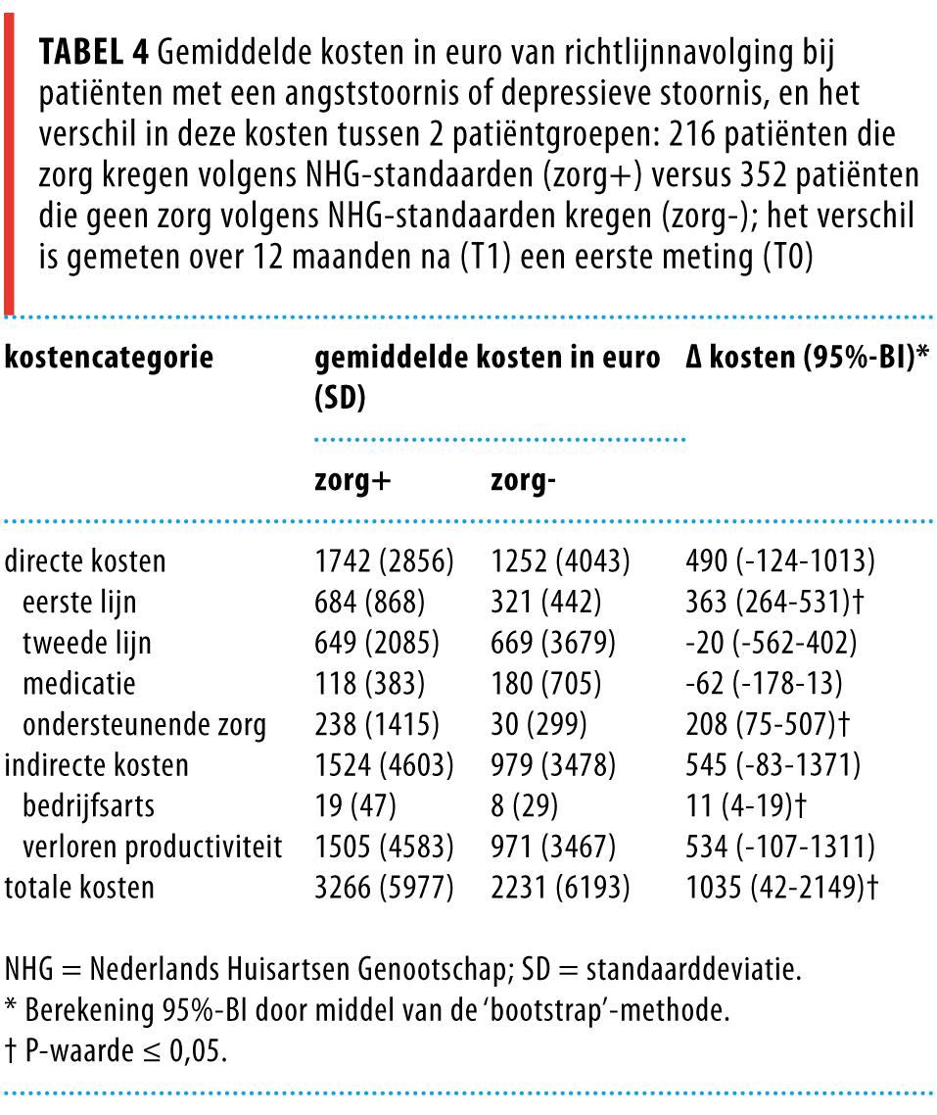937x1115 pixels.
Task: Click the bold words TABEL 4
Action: click(x=92, y=54)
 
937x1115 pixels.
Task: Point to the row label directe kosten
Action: click(x=85, y=561)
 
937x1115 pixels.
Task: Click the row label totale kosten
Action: click(x=79, y=888)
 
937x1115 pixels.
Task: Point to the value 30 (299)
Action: click(x=538, y=725)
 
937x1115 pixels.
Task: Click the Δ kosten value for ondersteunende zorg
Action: click(x=769, y=725)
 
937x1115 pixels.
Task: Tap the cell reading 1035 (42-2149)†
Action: click(x=783, y=888)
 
